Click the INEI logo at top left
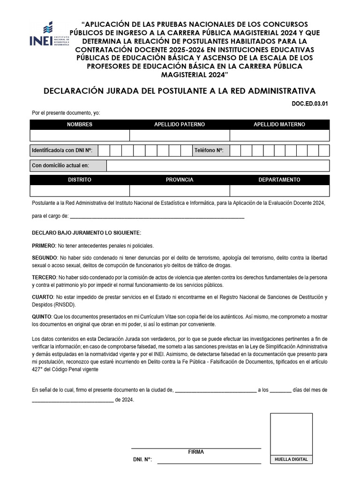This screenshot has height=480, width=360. [49, 35]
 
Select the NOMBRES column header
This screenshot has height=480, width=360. [80, 124]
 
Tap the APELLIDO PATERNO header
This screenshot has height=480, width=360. [180, 124]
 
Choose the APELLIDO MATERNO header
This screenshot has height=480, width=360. [279, 124]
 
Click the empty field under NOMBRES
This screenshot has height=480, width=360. [80, 135]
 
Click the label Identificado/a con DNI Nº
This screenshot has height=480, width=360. [62, 150]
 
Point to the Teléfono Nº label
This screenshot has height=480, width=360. [209, 150]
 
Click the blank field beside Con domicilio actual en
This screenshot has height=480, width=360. [217, 165]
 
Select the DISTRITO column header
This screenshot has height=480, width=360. [80, 180]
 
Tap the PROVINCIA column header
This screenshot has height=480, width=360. [180, 180]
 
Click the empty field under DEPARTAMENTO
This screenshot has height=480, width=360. [279, 191]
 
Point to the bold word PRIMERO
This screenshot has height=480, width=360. [43, 246]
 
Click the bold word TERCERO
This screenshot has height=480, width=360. [44, 277]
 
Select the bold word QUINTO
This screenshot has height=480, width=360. [42, 316]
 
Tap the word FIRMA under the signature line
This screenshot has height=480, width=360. [196, 452]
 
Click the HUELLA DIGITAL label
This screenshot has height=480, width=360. [291, 459]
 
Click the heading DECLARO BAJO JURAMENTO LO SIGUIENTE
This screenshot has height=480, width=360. [86, 233]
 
